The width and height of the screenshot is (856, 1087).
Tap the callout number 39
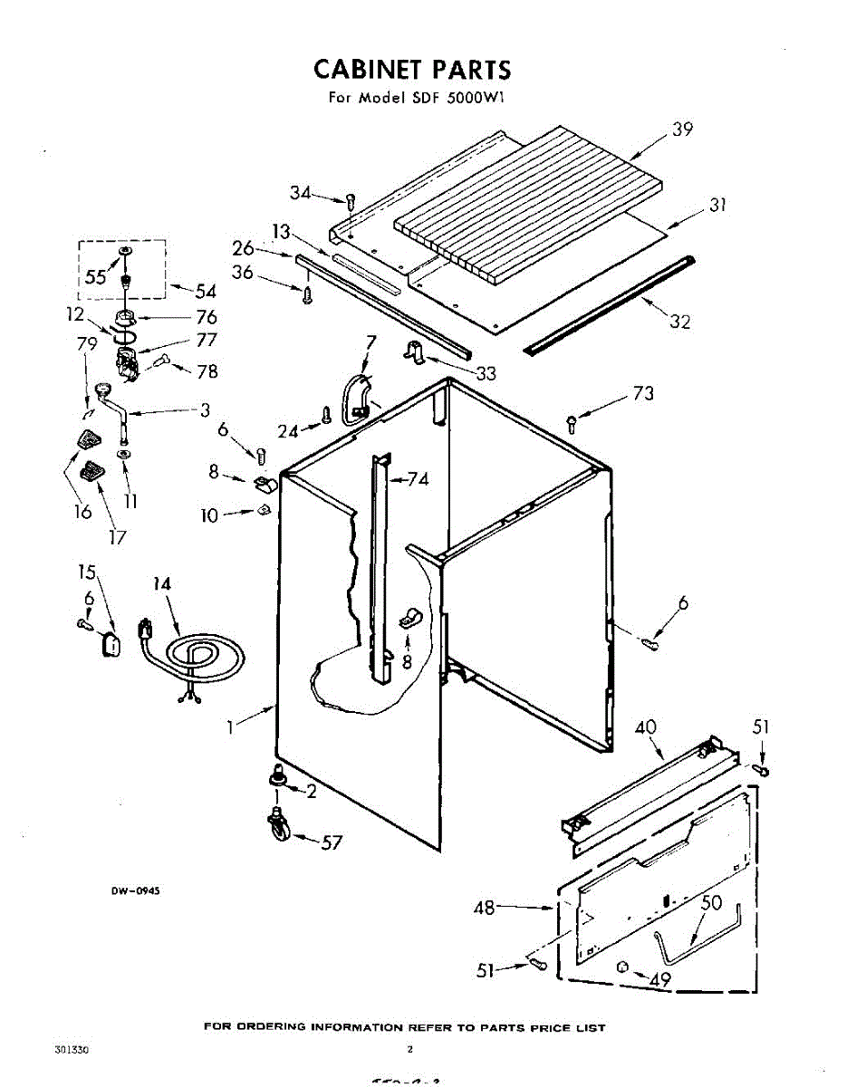682,130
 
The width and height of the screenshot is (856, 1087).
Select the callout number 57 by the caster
332,842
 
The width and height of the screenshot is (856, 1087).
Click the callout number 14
161,584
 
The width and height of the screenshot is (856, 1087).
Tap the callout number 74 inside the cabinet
418,479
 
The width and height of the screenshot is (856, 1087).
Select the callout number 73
643,394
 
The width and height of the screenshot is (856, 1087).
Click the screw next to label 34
351,200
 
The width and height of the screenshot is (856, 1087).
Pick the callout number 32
680,321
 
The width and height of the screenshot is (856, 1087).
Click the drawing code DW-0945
135,890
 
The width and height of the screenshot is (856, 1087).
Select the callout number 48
485,907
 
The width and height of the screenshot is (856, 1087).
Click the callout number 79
87,343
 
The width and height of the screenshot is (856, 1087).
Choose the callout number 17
117,536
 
